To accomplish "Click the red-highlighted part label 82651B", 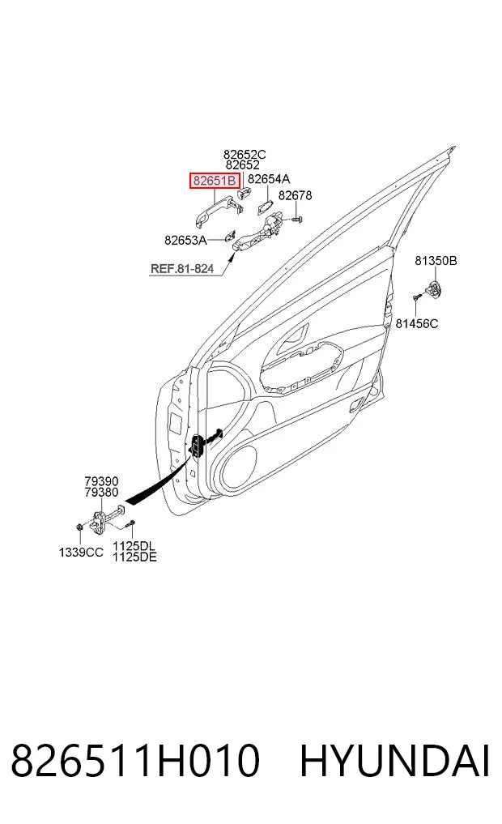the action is [215, 181].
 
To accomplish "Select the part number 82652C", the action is [245, 155].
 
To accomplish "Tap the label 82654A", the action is [269, 179].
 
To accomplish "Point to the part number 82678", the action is [295, 195].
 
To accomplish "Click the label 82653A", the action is [186, 240].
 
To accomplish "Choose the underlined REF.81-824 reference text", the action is [182, 268].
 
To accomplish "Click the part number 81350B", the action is [436, 260].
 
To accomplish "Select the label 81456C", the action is [416, 324].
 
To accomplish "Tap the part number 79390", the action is [101, 481].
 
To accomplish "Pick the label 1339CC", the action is [81, 553].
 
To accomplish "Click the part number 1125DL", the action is [134, 547].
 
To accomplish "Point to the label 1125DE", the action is [134, 557].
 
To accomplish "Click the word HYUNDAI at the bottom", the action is [395, 761].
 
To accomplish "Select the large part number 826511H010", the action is [135, 761].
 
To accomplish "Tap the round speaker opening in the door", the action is [240, 469].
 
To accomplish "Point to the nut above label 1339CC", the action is [79, 526].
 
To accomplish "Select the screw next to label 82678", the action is [296, 218].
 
